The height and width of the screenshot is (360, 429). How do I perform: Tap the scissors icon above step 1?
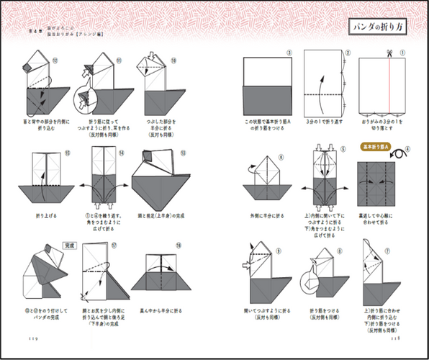pyautogui.click(x=387, y=53)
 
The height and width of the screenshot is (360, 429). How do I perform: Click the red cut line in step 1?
pyautogui.click(x=387, y=84)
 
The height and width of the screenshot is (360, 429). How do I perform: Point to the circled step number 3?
pyautogui.click(x=288, y=53)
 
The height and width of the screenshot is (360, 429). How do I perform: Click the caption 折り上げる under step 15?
pyautogui.click(x=45, y=215)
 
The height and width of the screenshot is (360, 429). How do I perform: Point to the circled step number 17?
pyautogui.click(x=113, y=245)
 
